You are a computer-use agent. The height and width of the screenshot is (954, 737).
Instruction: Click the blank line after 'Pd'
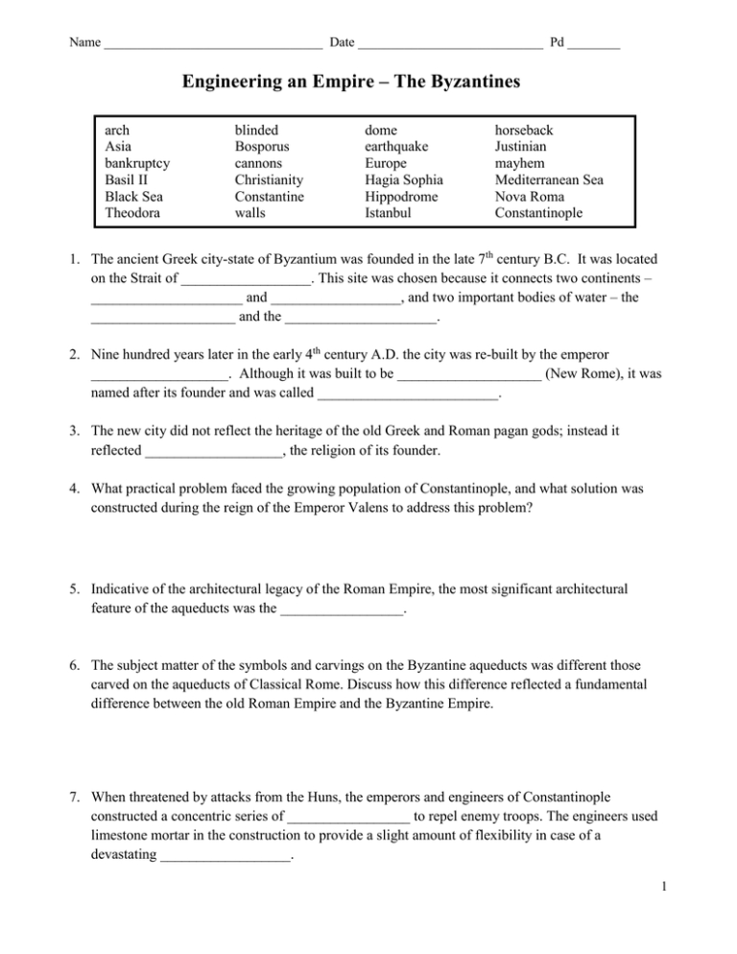593,45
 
